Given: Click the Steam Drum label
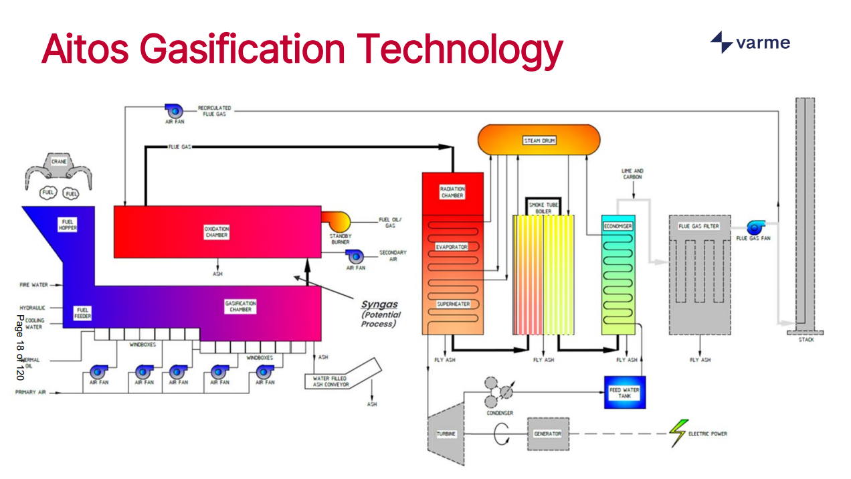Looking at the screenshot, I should click(x=539, y=140).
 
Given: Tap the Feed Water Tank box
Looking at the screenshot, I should click(x=624, y=393).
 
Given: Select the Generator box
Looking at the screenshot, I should click(x=548, y=434).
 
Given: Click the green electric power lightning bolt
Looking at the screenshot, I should click(x=679, y=433).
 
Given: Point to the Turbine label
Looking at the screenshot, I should click(x=446, y=434).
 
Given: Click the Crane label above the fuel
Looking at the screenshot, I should click(x=60, y=161).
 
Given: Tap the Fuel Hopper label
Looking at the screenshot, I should click(x=68, y=225).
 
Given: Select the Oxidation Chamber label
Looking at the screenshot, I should click(x=216, y=232).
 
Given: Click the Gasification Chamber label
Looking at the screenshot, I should click(x=240, y=306).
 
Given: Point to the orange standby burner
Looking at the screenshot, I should click(x=335, y=220).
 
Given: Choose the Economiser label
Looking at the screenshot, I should click(x=618, y=226).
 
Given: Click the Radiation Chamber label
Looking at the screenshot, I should click(x=452, y=192).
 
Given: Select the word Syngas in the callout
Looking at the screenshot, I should click(x=379, y=304).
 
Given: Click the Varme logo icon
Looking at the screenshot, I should click(x=721, y=42).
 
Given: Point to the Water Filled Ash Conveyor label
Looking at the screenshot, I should click(x=330, y=381).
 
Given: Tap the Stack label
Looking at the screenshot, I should click(x=806, y=340).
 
